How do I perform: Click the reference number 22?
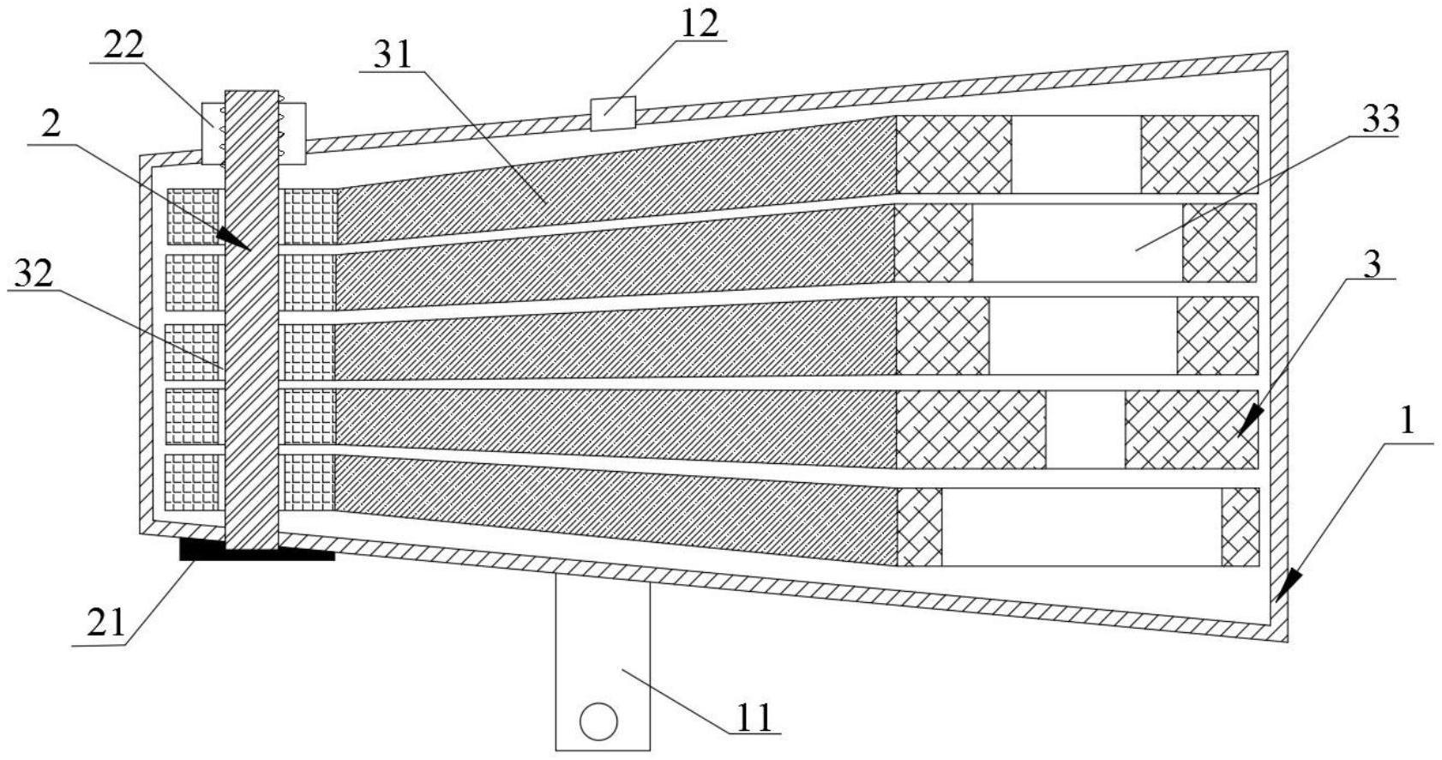(123, 45)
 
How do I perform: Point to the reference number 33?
(1379, 118)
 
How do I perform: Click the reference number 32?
(33, 274)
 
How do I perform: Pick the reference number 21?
(107, 624)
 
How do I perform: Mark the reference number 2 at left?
(51, 125)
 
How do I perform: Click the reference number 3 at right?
(1373, 264)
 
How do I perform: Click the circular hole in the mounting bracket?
(598, 721)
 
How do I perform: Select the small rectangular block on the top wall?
(612, 113)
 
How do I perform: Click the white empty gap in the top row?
(1076, 154)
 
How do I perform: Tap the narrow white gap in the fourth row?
(1085, 429)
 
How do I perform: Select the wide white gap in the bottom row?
(1080, 527)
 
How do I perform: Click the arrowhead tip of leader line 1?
(1277, 600)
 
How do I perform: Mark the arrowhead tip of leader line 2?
(249, 250)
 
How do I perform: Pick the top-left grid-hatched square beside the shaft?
(193, 216)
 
